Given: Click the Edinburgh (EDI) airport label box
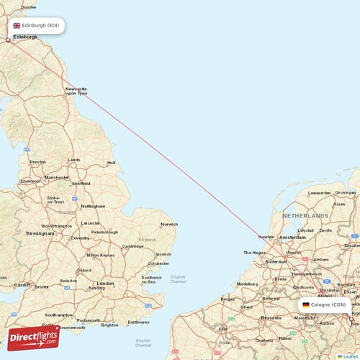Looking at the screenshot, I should point(37,25).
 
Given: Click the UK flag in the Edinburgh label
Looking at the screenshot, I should point(17,25).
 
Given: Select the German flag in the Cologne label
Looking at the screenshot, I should point(306,305).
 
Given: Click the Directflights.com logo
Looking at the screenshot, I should point(34,336).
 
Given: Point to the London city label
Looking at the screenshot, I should point(105,283).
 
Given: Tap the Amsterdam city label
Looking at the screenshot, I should point(293,237).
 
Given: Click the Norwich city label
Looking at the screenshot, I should point(169,224).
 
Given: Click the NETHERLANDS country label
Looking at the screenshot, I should point(306,216).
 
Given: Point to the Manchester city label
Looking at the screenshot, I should point(56,177).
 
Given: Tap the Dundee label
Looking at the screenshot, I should point(29,6).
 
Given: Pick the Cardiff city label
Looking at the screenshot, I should point(22,284).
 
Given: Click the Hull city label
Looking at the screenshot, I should point(111,163).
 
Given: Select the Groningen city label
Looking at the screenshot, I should point(346,193).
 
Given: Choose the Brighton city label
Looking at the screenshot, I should point(110,325).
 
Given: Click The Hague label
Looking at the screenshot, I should point(256,253).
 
